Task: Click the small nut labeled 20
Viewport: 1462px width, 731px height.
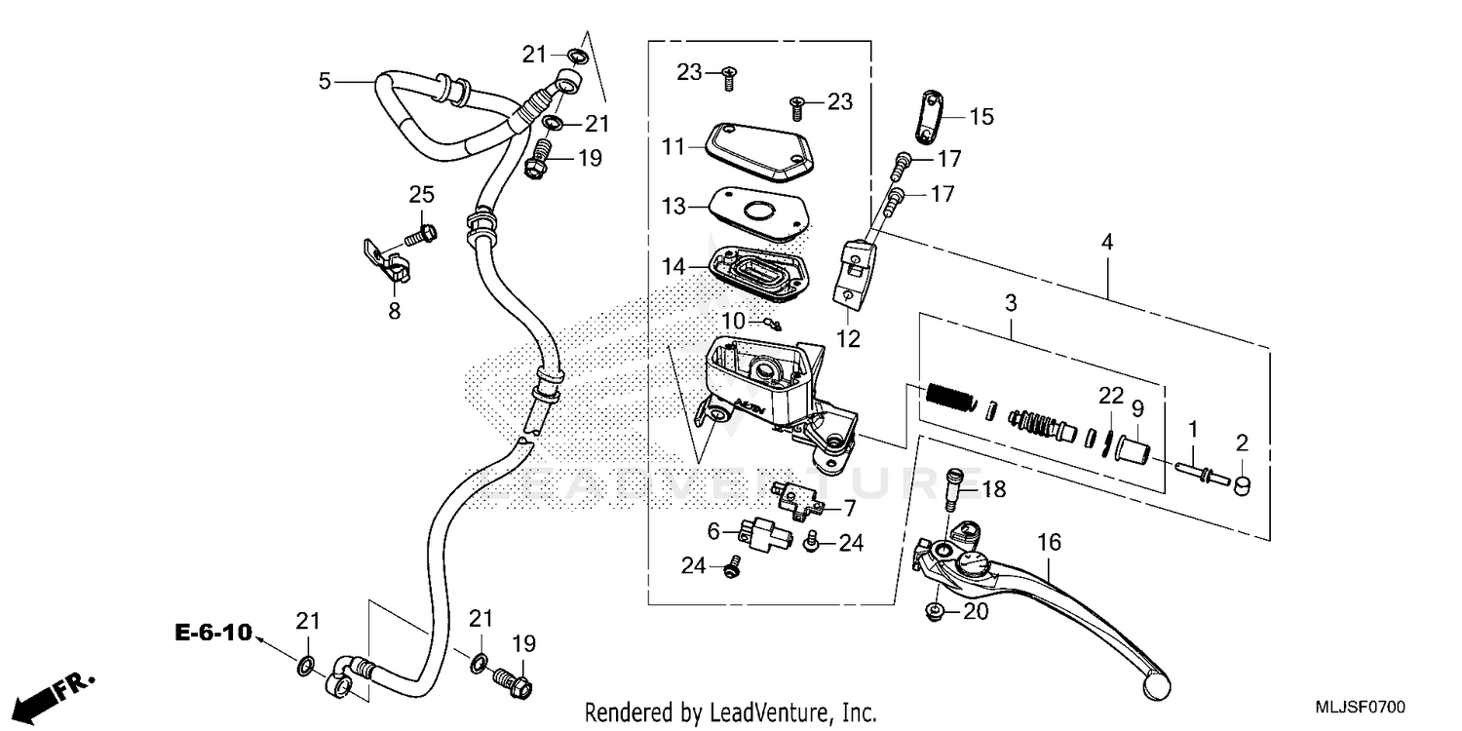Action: point(934,612)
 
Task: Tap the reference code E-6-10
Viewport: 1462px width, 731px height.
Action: point(213,633)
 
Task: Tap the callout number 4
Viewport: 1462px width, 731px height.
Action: point(1106,240)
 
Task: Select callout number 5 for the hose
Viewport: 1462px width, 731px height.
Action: point(326,82)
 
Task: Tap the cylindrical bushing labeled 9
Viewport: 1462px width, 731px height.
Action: point(1132,451)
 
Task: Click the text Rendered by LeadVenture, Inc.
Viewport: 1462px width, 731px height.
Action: point(730,712)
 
